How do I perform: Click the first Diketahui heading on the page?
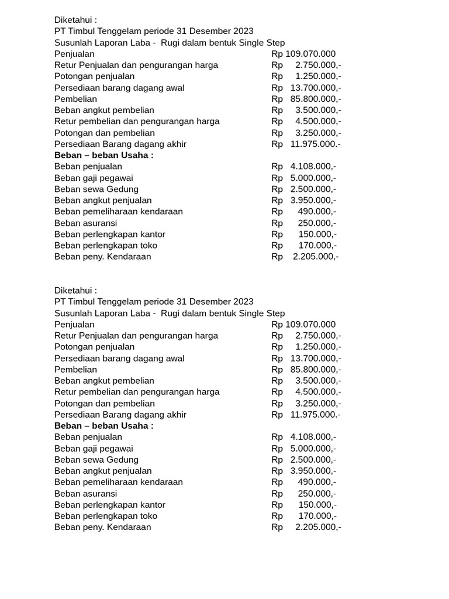[x=75, y=20]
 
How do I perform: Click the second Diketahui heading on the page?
[x=75, y=290]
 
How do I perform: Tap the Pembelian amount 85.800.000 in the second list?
[x=316, y=370]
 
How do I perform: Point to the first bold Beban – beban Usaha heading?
[x=103, y=155]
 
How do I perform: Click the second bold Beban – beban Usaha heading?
[x=103, y=426]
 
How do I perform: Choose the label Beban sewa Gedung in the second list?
[x=96, y=460]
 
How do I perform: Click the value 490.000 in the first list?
[x=317, y=212]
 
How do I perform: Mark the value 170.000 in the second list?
[x=317, y=516]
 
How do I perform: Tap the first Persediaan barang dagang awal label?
[x=119, y=88]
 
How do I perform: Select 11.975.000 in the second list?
[x=315, y=415]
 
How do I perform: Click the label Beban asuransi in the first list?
[x=85, y=223]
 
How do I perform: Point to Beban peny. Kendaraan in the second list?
[x=102, y=527]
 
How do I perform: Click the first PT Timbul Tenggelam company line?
[x=154, y=31]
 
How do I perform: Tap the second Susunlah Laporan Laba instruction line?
[x=170, y=313]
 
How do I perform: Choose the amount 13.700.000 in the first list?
[x=316, y=88]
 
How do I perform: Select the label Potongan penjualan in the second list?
[x=94, y=347]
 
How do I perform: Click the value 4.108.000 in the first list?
[x=313, y=167]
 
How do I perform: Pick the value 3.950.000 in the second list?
[x=313, y=471]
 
